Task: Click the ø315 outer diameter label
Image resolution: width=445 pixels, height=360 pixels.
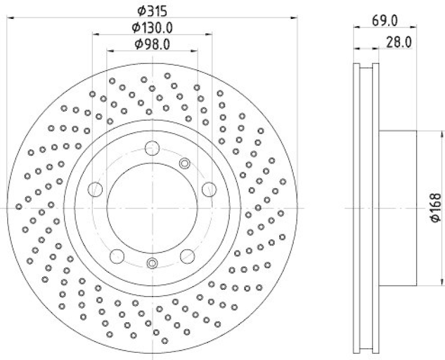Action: pyautogui.click(x=152, y=9)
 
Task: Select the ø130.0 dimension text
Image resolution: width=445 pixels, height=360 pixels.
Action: pyautogui.click(x=152, y=27)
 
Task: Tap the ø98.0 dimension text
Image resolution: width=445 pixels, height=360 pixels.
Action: pyautogui.click(x=151, y=44)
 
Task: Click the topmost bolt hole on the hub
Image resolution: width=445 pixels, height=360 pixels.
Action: pyautogui.click(x=152, y=149)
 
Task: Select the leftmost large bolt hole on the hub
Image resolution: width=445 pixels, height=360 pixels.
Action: pyautogui.click(x=95, y=189)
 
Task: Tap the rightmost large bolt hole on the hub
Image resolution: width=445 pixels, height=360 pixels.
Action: pyautogui.click(x=209, y=189)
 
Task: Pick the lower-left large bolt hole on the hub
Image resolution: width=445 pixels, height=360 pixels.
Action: pyautogui.click(x=117, y=256)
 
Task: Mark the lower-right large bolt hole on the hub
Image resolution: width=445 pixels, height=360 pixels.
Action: pyautogui.click(x=187, y=256)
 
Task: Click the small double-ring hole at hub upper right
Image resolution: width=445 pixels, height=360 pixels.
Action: pyautogui.click(x=185, y=163)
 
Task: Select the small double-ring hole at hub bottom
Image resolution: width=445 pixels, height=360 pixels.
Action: pyautogui.click(x=152, y=263)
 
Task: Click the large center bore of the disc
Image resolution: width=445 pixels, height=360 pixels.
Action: pyautogui.click(x=152, y=207)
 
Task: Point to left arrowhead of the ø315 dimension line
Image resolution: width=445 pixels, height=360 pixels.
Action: pyautogui.click(x=9, y=18)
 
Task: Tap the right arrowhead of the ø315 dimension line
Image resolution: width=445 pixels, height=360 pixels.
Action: pyautogui.click(x=295, y=18)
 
